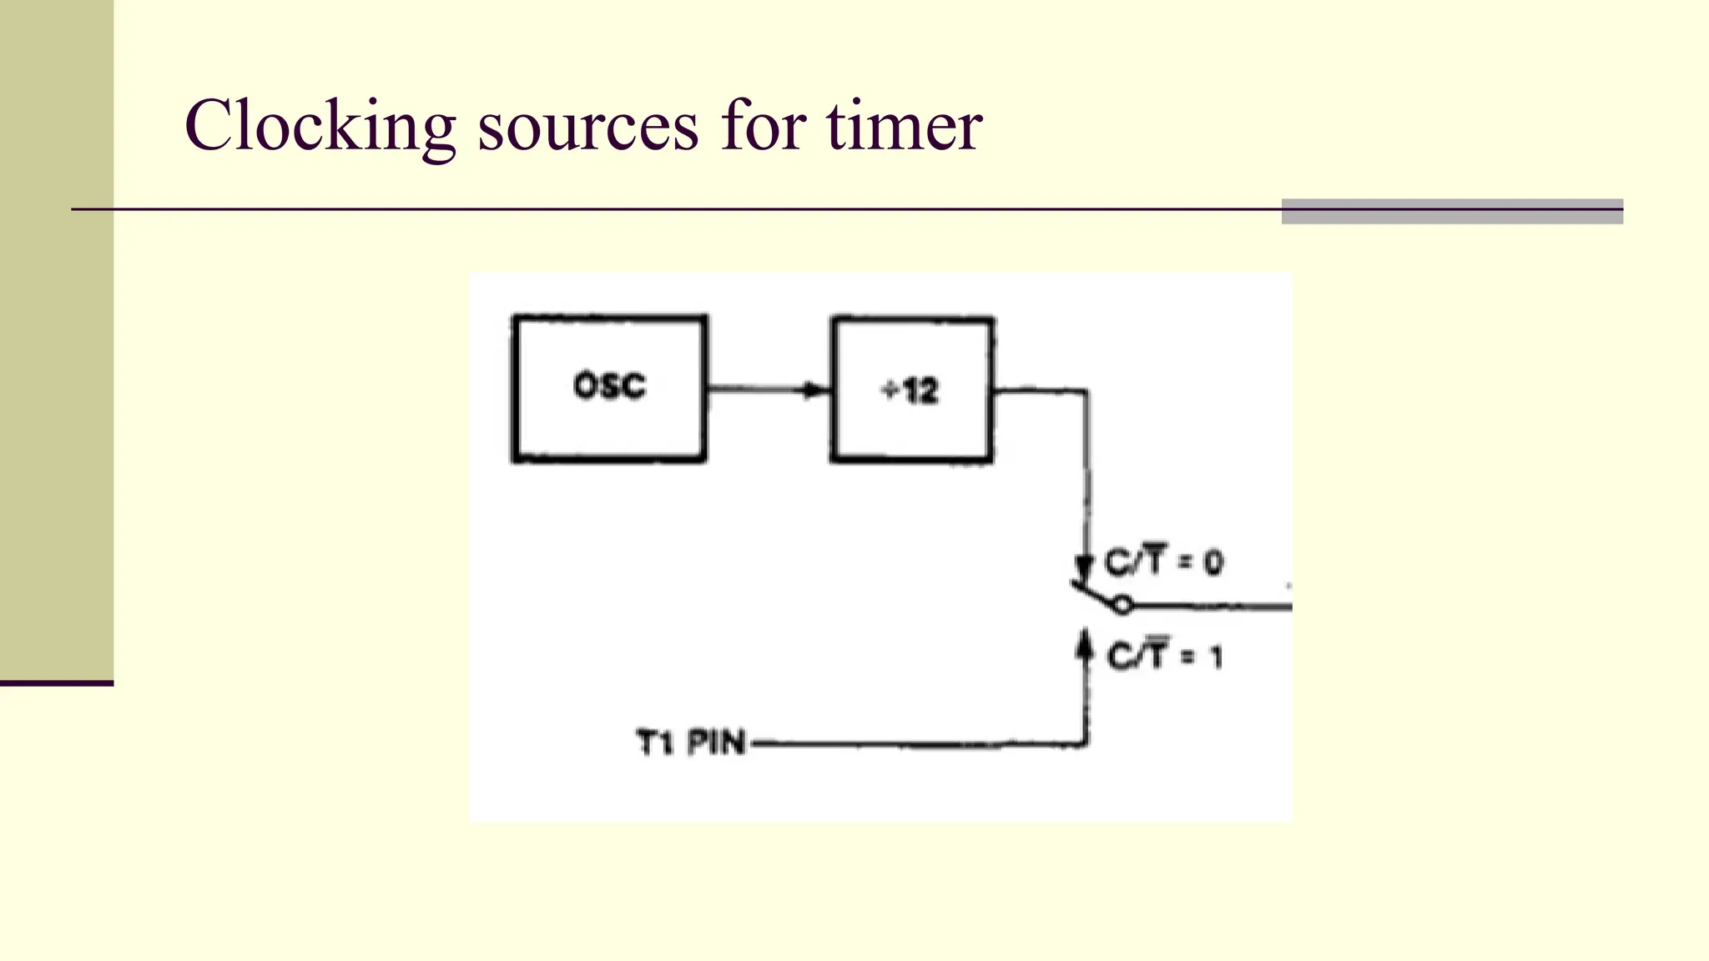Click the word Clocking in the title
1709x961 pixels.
point(320,126)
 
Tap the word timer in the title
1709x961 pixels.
point(905,126)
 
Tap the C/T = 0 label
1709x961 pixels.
point(1163,561)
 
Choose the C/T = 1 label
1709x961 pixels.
point(1164,657)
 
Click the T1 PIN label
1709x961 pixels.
point(690,742)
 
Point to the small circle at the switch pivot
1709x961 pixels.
point(1123,605)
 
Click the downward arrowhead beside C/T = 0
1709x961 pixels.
point(1084,567)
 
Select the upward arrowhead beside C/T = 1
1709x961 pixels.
point(1085,645)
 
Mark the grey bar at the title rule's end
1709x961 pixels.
point(1452,211)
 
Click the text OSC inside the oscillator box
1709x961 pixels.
point(609,386)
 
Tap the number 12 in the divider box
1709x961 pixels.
point(920,390)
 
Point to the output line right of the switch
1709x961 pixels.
point(1210,606)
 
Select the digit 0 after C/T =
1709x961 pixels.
point(1213,563)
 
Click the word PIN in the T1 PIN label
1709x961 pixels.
point(716,742)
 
